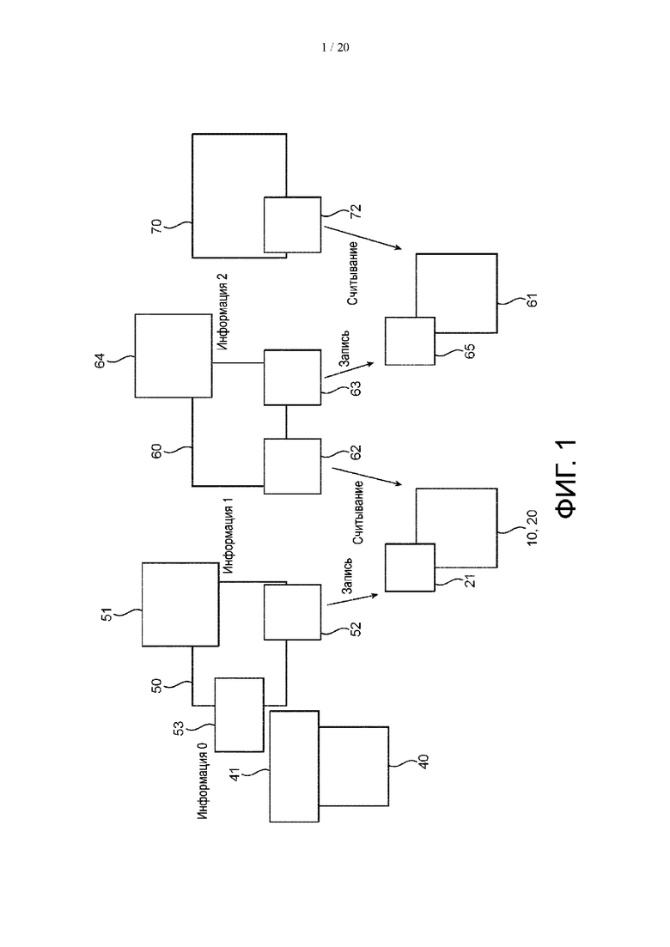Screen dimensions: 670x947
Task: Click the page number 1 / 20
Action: [x=335, y=47]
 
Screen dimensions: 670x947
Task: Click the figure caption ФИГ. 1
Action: [x=567, y=479]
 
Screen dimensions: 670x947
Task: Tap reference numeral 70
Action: [x=156, y=227]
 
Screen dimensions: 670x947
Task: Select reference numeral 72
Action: [x=356, y=211]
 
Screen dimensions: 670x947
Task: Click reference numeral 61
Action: [x=532, y=300]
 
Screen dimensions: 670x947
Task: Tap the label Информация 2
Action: [x=222, y=312]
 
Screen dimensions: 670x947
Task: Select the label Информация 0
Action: [x=203, y=781]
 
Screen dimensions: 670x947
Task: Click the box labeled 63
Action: [x=292, y=378]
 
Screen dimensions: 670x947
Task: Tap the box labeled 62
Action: [x=292, y=466]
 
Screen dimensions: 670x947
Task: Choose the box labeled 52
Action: [x=292, y=612]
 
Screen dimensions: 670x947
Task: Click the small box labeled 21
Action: [x=410, y=568]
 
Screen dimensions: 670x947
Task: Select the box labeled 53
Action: [x=240, y=714]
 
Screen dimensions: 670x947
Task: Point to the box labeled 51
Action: [x=180, y=604]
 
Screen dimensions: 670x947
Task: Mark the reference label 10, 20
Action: [x=532, y=528]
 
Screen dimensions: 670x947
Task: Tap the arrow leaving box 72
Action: [x=362, y=237]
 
